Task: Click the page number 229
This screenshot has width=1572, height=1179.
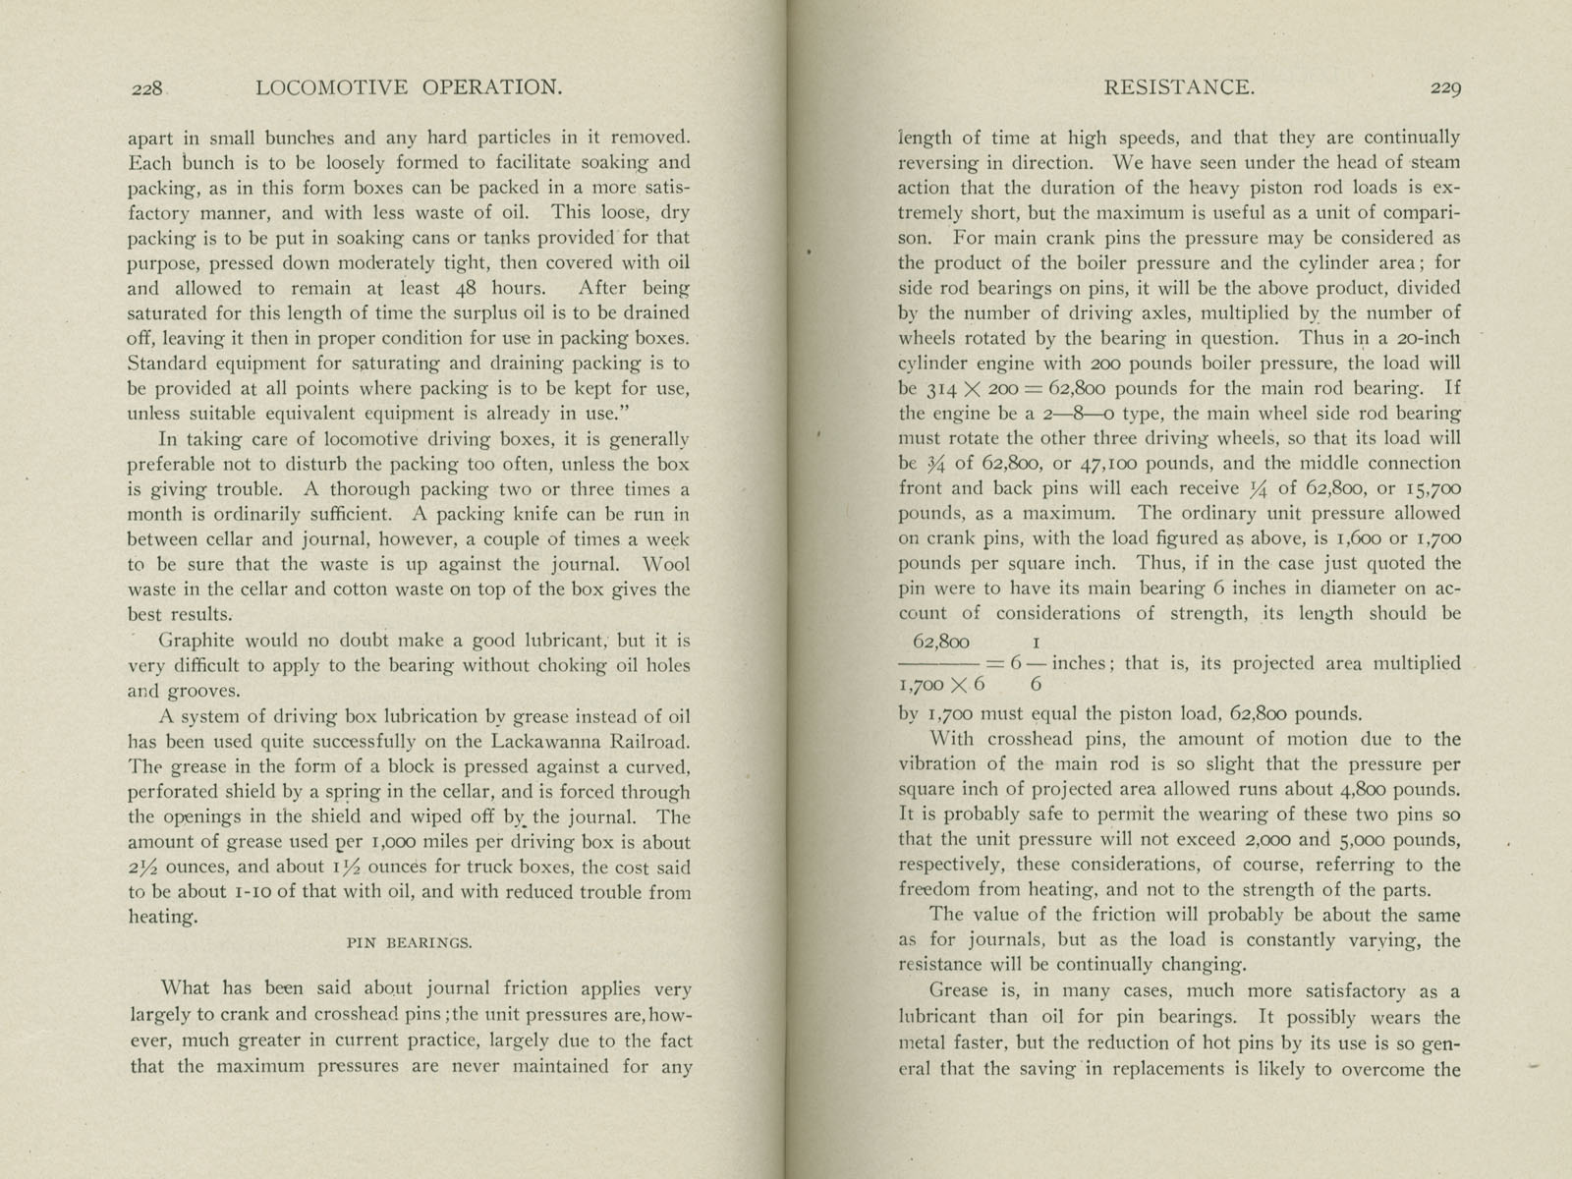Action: tap(1446, 88)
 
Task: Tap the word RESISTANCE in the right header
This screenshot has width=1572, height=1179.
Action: tap(1179, 87)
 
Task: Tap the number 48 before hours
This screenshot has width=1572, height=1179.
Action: tap(467, 289)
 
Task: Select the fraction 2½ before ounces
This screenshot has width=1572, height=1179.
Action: tap(143, 868)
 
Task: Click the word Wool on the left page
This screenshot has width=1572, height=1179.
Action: tap(665, 565)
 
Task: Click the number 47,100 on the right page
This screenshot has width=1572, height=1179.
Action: tap(1071, 464)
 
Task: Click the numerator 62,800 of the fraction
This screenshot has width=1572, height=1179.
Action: tap(940, 643)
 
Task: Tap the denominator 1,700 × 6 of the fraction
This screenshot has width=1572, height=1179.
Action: tap(941, 683)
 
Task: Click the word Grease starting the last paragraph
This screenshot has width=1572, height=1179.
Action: tap(960, 992)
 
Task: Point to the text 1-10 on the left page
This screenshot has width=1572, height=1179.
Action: tap(254, 893)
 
